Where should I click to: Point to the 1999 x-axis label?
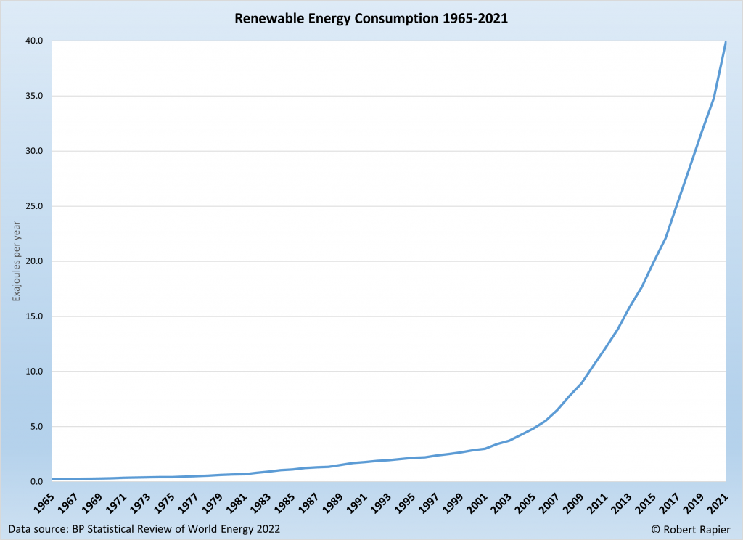(452, 501)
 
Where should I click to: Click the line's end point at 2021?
(726, 42)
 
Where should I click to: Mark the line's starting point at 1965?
(52, 479)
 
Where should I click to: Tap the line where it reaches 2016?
(665, 238)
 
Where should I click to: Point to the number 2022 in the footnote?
(266, 529)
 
